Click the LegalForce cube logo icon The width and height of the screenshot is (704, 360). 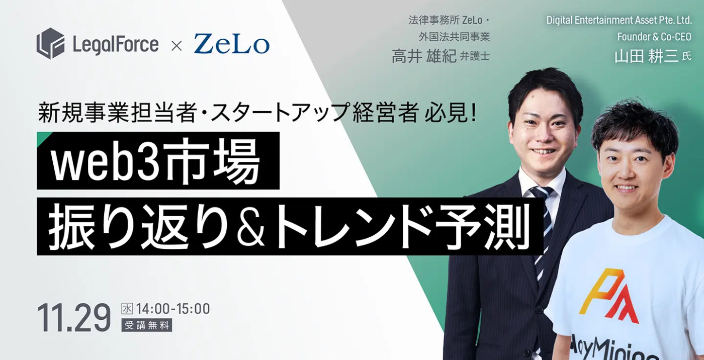pyautogui.click(x=50, y=43)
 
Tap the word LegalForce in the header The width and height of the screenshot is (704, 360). pyautogui.click(x=115, y=45)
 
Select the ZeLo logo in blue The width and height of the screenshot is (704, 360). pyautogui.click(x=231, y=44)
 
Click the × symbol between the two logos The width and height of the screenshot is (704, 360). pyautogui.click(x=176, y=46)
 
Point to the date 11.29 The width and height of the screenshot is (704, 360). pyautogui.click(x=74, y=318)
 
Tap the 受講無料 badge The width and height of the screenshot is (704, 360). pyautogui.click(x=147, y=325)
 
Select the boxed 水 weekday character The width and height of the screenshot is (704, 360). pyautogui.click(x=127, y=309)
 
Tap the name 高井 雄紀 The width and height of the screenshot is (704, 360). pyautogui.click(x=424, y=56)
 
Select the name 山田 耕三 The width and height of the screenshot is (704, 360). pyautogui.click(x=646, y=56)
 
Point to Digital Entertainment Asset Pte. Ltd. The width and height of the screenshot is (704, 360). pyautogui.click(x=619, y=21)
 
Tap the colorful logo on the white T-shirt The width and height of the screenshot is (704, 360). pyautogui.click(x=609, y=296)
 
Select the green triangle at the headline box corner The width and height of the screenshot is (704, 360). pyautogui.click(x=42, y=137)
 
